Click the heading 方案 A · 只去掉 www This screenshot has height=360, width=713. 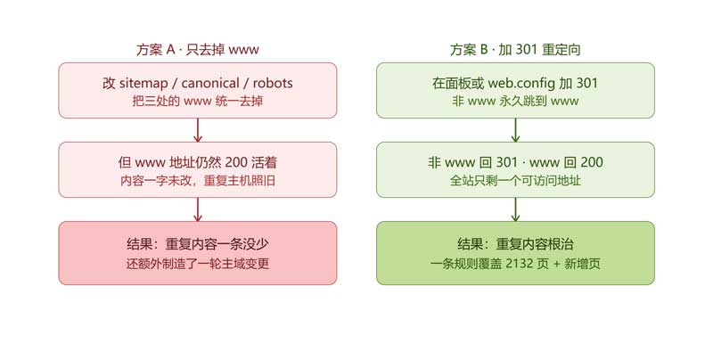(x=197, y=49)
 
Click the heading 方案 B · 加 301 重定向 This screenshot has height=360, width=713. (x=515, y=49)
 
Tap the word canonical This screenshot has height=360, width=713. (x=210, y=83)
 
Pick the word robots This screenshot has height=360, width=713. (x=273, y=83)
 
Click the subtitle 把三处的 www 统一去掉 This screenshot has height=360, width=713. (x=197, y=101)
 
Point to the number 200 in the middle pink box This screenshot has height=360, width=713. (x=236, y=162)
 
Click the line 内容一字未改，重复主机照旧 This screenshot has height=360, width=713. (x=197, y=181)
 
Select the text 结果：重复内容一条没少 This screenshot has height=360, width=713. (x=197, y=244)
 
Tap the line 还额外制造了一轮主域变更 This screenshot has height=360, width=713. (x=197, y=264)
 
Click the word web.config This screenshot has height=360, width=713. (x=521, y=84)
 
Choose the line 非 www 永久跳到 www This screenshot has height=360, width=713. (x=515, y=101)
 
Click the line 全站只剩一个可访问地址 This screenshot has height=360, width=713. (x=515, y=181)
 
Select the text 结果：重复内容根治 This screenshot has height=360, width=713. (x=515, y=244)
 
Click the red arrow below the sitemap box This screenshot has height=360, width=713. (x=197, y=130)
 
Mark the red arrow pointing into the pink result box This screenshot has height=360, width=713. (x=197, y=209)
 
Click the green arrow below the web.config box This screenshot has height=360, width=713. (x=515, y=130)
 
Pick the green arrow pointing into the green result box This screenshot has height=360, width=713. (x=515, y=209)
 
